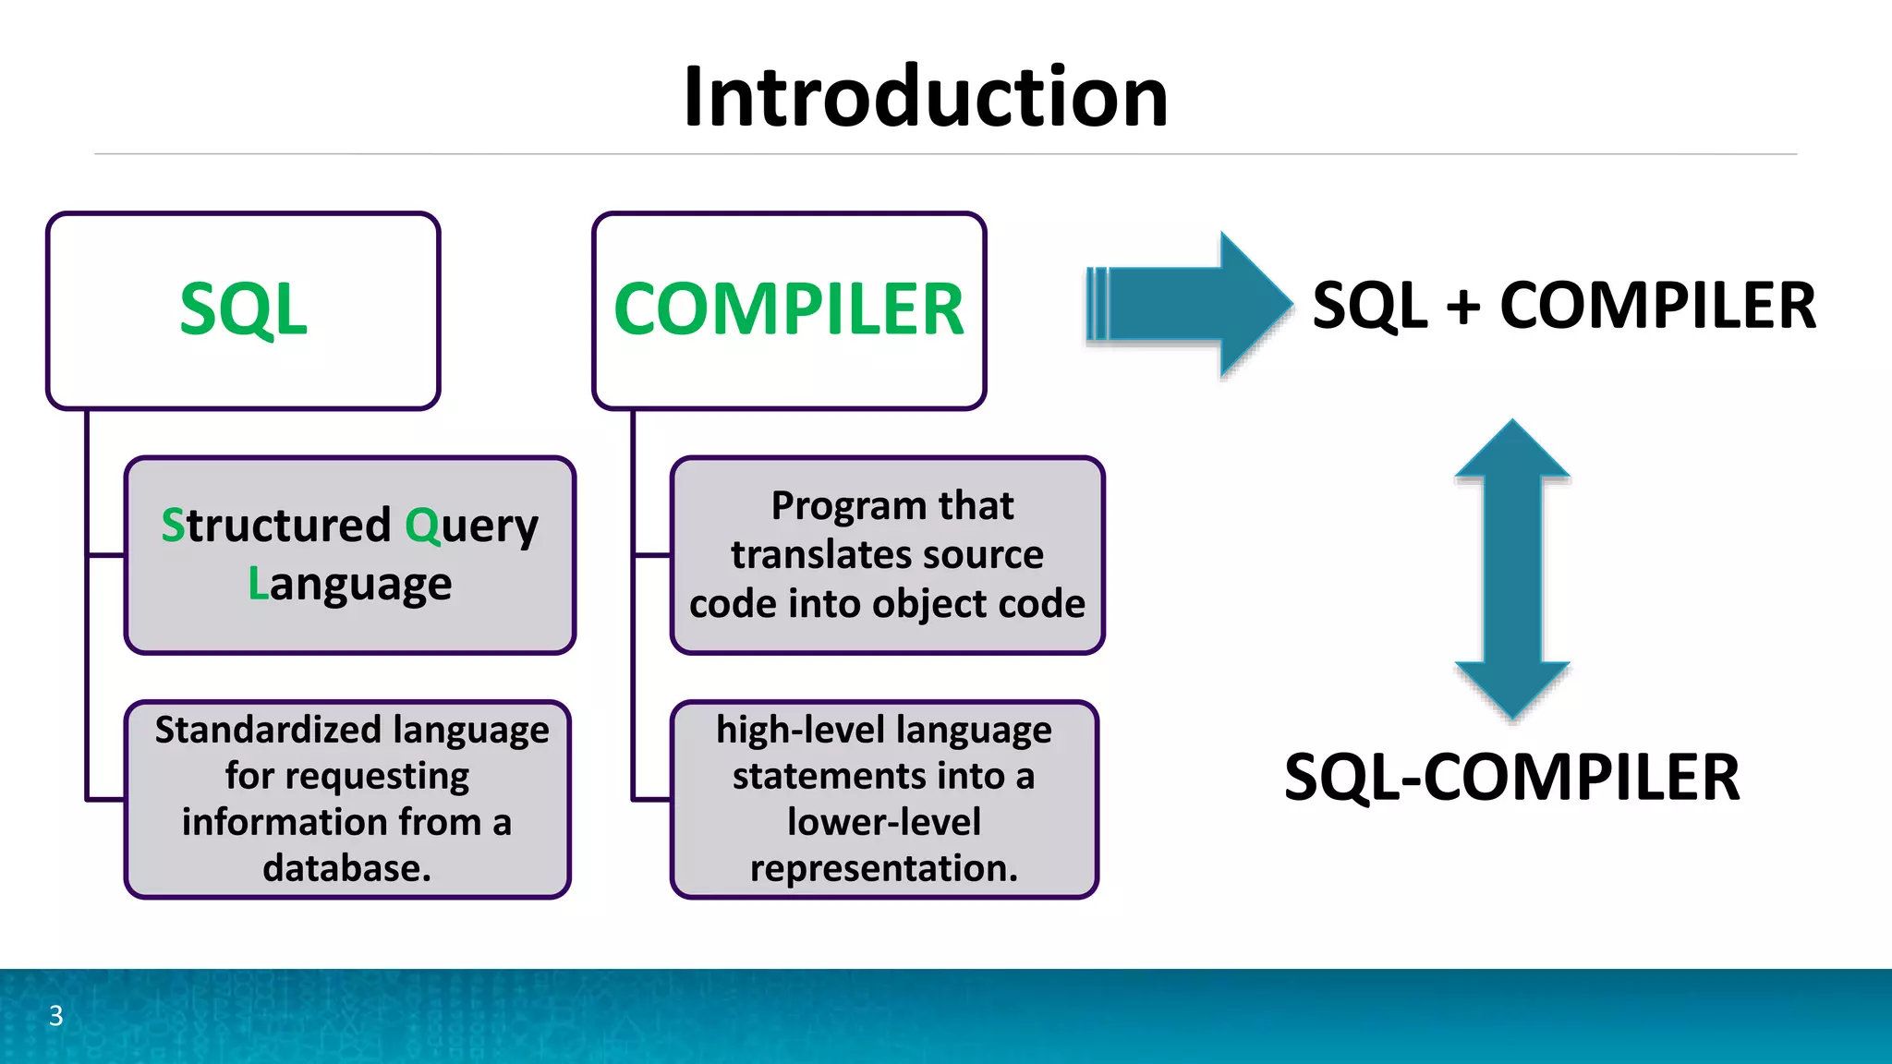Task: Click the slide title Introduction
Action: click(x=926, y=97)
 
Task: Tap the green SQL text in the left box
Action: click(x=243, y=309)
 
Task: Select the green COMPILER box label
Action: click(x=789, y=309)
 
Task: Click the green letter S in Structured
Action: click(x=173, y=525)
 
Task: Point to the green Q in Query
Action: click(x=422, y=525)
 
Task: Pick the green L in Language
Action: click(x=258, y=584)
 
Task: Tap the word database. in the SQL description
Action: click(x=346, y=868)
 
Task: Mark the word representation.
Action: click(x=883, y=868)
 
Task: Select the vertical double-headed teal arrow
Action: click(x=1512, y=569)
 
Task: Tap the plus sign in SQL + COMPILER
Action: click(x=1462, y=306)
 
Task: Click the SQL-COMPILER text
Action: click(x=1511, y=777)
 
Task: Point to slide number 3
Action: click(x=55, y=1016)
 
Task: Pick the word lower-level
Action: click(x=883, y=822)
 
